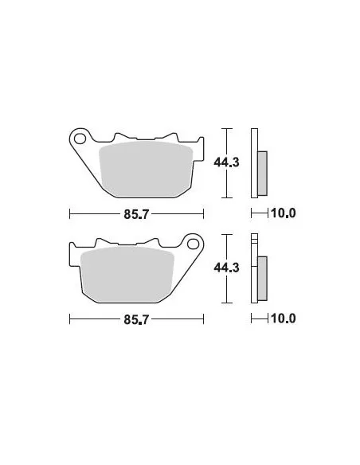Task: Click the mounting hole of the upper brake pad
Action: click(80, 140)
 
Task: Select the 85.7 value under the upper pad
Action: click(136, 213)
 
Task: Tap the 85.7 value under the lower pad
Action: click(136, 319)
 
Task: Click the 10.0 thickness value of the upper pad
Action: click(283, 213)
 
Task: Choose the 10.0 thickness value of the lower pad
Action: click(283, 319)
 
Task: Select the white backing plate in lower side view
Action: click(255, 271)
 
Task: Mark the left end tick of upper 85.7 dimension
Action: click(70, 213)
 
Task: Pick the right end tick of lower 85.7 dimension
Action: click(203, 319)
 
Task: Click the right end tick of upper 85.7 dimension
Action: click(203, 213)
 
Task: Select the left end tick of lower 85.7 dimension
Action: click(70, 319)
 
